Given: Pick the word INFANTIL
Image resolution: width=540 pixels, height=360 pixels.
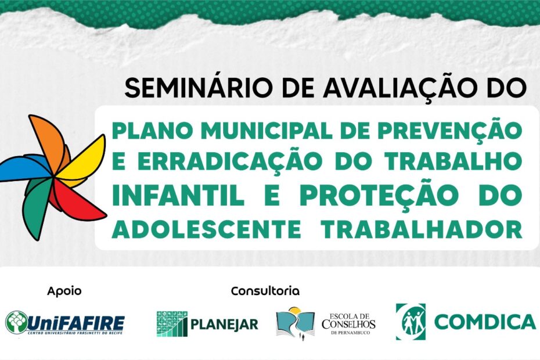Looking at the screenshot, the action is pos(178,195).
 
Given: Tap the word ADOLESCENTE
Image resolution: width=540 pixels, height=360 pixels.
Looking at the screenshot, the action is pos(206,229).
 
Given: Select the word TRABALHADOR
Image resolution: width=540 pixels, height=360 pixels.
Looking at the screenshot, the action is pos(422,229).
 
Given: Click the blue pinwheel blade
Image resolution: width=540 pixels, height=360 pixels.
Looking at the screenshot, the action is pos(24,168).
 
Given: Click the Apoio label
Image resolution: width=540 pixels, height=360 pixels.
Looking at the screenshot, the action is pos(64,291).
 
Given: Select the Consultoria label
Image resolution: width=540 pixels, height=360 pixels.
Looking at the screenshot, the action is pos(265,291).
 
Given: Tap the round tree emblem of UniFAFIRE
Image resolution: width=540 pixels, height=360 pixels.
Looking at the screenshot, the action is pos(17,323).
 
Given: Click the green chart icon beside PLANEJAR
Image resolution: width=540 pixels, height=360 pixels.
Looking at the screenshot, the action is pos(172,324).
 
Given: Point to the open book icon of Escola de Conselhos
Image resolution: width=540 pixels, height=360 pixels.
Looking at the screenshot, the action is pos(296,323).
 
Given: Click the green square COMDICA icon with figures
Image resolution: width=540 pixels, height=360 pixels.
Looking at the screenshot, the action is pos(411,322).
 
